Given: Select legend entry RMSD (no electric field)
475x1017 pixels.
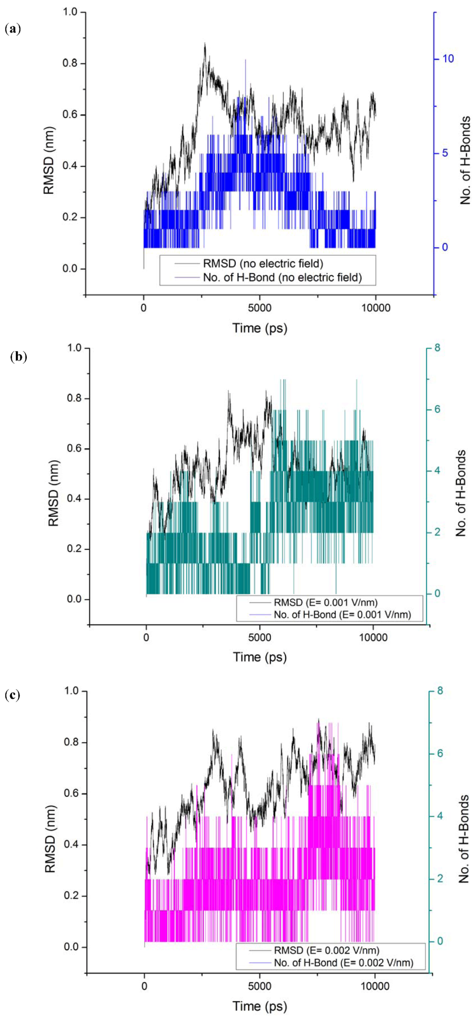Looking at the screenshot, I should [263, 264].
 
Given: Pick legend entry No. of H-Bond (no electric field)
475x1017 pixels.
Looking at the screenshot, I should [282, 278].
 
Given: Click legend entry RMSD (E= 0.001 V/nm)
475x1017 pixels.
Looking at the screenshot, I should [326, 603].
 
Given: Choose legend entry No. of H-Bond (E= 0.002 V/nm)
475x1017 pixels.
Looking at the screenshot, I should [343, 963].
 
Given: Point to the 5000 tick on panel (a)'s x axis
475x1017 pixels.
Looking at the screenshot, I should [259, 308].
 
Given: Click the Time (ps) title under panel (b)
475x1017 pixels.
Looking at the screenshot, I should [260, 657].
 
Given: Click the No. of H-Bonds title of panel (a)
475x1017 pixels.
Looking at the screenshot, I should [465, 160].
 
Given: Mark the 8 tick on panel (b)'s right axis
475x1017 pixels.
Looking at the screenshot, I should [437, 348].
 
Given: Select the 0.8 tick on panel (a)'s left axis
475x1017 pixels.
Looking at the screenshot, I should [70, 64].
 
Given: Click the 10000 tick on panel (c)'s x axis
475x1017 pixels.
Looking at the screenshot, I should [374, 986].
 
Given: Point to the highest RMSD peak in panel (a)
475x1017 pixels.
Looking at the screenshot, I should [205, 44].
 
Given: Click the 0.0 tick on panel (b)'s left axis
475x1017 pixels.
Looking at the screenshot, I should [74, 599].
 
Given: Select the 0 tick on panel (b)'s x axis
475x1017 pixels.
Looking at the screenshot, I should [146, 637].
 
